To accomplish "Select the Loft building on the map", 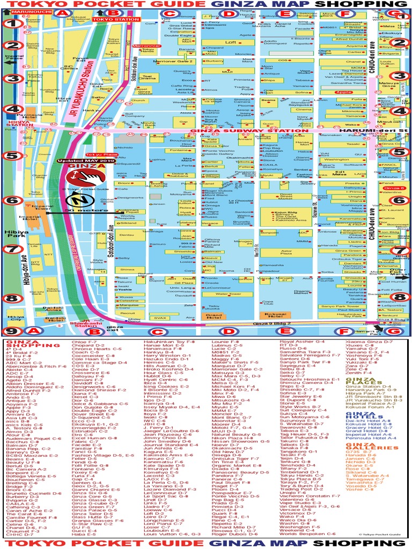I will coord(230,42).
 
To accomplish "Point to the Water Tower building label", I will coord(227,294).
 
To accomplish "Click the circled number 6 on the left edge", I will coord(11,201).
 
